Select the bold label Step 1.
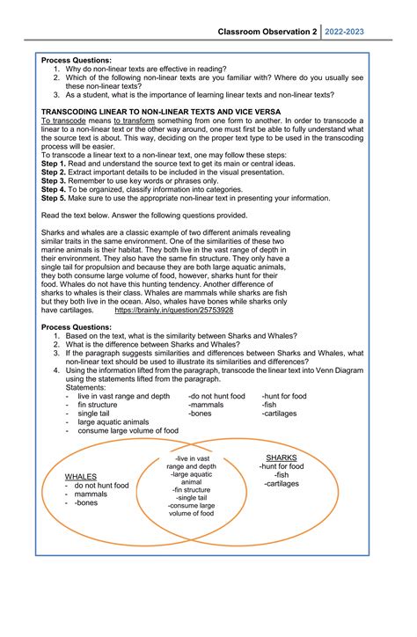tap(54, 164)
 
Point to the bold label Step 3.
tap(54, 180)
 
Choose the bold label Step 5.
tap(54, 198)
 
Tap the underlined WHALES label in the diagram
tap(81, 476)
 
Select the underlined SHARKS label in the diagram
tap(282, 458)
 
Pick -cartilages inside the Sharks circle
tap(282, 484)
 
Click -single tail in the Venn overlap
tap(191, 497)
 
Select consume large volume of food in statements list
tap(128, 431)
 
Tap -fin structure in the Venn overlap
tap(191, 489)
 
